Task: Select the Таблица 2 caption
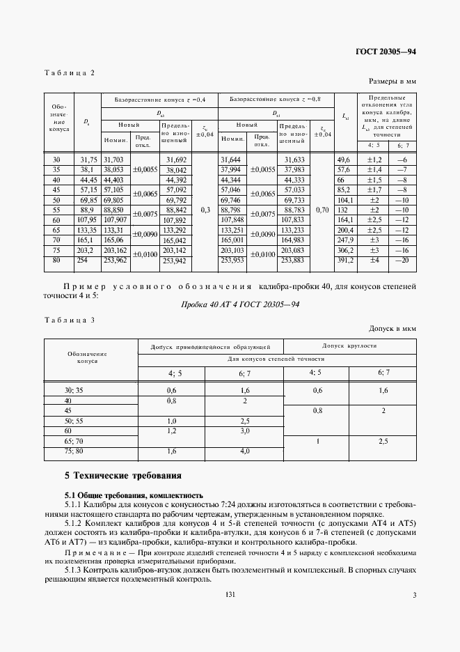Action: coord(69,72)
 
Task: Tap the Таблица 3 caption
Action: coord(69,320)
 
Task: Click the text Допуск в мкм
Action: coord(394,328)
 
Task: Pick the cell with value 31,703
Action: coord(113,160)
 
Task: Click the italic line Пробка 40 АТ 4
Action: coord(230,305)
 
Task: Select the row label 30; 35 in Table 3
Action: coord(73,391)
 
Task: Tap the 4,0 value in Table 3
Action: coord(245,451)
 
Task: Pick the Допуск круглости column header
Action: coord(349,346)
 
